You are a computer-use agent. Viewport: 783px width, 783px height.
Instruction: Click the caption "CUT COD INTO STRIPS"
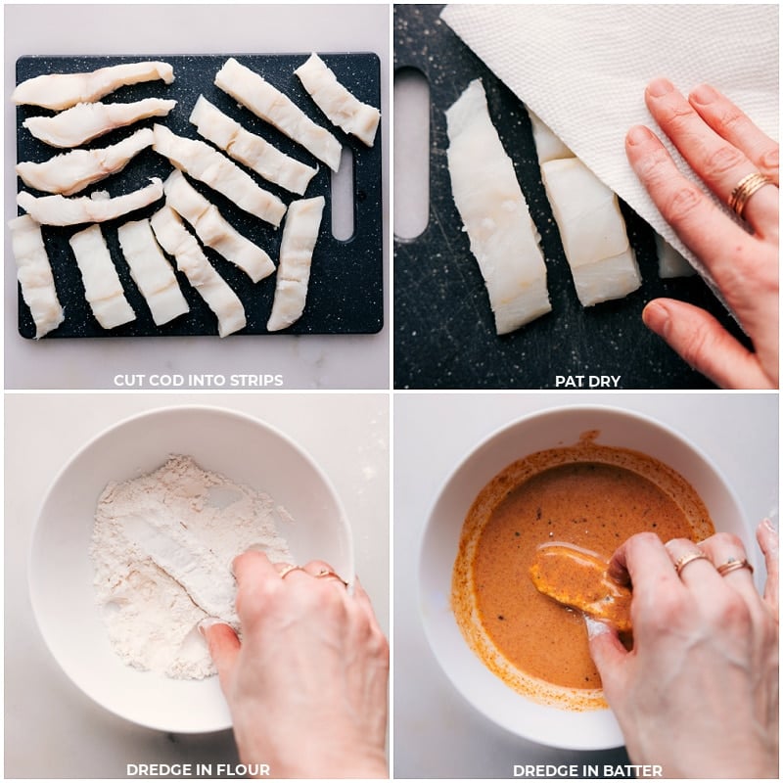pos(198,380)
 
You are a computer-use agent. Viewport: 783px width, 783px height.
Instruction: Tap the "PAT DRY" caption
pos(587,381)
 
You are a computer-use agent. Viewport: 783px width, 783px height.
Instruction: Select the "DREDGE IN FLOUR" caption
pos(198,769)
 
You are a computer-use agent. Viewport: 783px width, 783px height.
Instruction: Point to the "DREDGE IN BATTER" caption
pos(587,770)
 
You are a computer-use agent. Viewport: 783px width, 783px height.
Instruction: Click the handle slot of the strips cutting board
pos(343,193)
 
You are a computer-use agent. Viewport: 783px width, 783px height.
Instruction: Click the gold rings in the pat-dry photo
pos(748,192)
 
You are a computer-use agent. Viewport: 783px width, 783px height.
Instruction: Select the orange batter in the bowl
pos(577,509)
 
